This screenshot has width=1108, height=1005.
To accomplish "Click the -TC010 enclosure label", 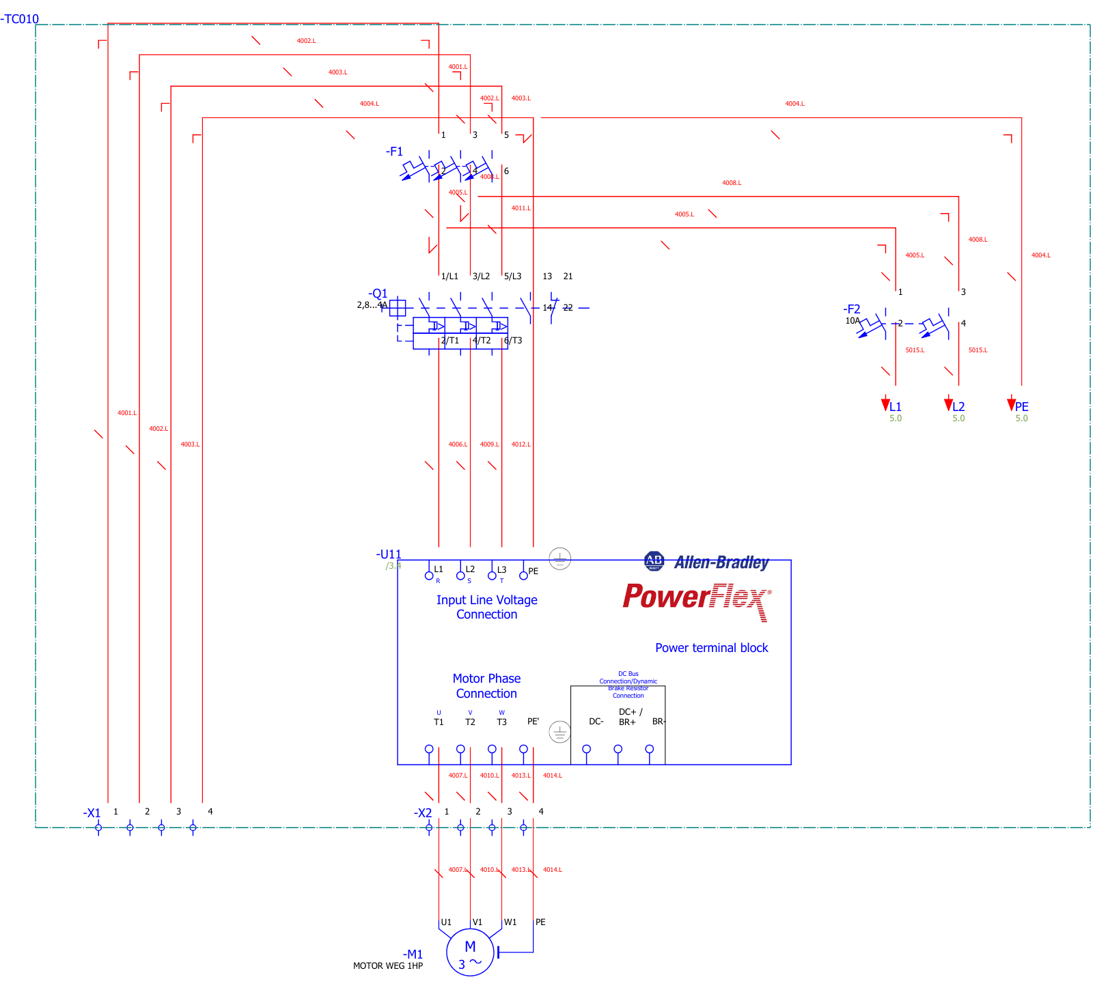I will [20, 19].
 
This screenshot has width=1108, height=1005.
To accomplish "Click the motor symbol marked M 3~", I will [470, 952].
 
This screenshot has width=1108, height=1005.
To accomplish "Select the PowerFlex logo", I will [696, 598].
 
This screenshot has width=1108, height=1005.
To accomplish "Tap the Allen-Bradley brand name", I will [721, 563].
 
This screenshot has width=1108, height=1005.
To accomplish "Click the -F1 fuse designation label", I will [394, 152].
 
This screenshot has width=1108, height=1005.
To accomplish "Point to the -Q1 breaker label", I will [378, 294].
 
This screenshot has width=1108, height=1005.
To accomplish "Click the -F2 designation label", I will [851, 309].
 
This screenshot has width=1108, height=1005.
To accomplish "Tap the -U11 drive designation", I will [389, 554].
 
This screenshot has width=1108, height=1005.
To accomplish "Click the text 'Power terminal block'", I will [711, 648].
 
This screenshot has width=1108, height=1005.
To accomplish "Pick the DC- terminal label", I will [596, 722].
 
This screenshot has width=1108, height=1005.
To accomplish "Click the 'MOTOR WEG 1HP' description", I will [387, 966].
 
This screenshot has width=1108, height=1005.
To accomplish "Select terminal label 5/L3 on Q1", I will [512, 277].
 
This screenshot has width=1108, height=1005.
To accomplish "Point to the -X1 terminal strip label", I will [92, 813].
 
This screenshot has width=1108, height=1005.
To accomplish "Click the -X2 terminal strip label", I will [423, 813].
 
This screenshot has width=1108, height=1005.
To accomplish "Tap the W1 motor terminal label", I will [510, 922].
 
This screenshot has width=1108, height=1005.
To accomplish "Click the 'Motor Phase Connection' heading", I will [486, 686].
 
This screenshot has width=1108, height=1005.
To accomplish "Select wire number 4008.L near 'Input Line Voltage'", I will [731, 183].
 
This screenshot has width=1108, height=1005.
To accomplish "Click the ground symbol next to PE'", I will [559, 733].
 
